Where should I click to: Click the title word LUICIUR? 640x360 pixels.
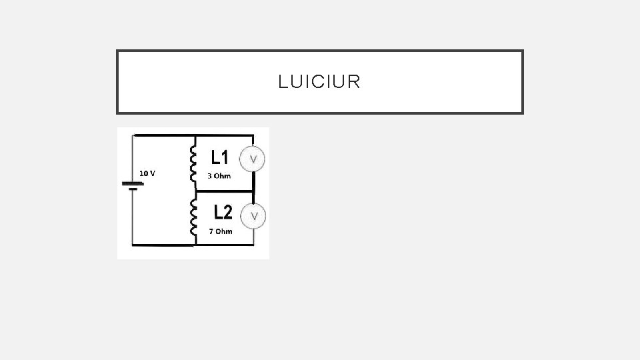[x=319, y=82]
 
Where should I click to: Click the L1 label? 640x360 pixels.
[x=220, y=157]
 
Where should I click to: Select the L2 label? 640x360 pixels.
[x=223, y=212]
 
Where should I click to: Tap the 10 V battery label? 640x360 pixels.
[x=147, y=173]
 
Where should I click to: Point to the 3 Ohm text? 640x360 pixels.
[x=219, y=176]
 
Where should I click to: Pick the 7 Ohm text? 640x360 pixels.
[x=221, y=231]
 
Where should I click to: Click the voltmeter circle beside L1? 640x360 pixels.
[x=253, y=159]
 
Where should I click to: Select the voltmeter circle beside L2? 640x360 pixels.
[x=253, y=215]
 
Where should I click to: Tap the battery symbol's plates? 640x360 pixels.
[x=133, y=186]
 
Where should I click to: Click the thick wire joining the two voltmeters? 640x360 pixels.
[x=253, y=187]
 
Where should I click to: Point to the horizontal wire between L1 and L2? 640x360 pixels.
[x=223, y=190]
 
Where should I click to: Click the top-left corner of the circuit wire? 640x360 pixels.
[x=133, y=136]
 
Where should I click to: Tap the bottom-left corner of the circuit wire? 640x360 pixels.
[x=133, y=245]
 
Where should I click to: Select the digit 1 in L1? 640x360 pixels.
[x=226, y=157]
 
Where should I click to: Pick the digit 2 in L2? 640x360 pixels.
[x=228, y=212]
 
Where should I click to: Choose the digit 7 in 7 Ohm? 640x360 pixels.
[x=211, y=231]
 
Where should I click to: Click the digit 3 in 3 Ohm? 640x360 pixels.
[x=209, y=176]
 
